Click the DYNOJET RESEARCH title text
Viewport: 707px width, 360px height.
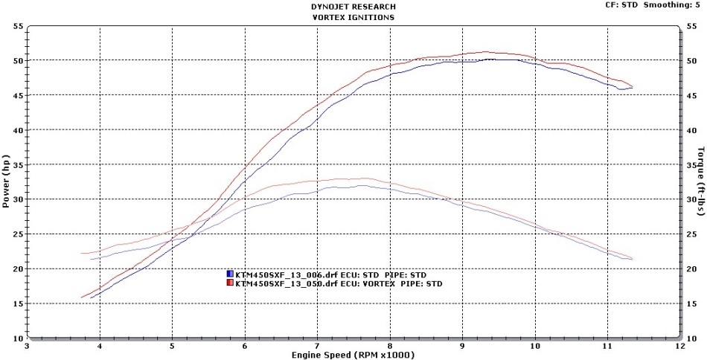pos(353,5)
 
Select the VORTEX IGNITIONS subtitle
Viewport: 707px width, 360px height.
pos(353,16)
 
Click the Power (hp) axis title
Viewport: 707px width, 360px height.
pos(6,181)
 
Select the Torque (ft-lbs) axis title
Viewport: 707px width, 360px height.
pos(700,181)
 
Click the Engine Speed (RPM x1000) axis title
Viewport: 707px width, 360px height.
pos(352,355)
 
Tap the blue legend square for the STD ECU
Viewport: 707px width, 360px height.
pos(230,274)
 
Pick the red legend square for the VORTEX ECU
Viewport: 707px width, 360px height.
pos(230,283)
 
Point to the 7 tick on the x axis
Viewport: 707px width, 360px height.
pos(317,346)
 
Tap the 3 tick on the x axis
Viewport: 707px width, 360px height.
pos(27,346)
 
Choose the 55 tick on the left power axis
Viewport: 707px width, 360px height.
pos(17,26)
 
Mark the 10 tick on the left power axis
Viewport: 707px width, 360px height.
pos(17,338)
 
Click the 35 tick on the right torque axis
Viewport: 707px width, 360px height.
pos(691,165)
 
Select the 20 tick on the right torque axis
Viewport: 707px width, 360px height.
pos(691,269)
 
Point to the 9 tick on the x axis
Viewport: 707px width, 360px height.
pos(462,346)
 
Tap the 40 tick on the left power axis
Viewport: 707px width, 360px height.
pos(17,130)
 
